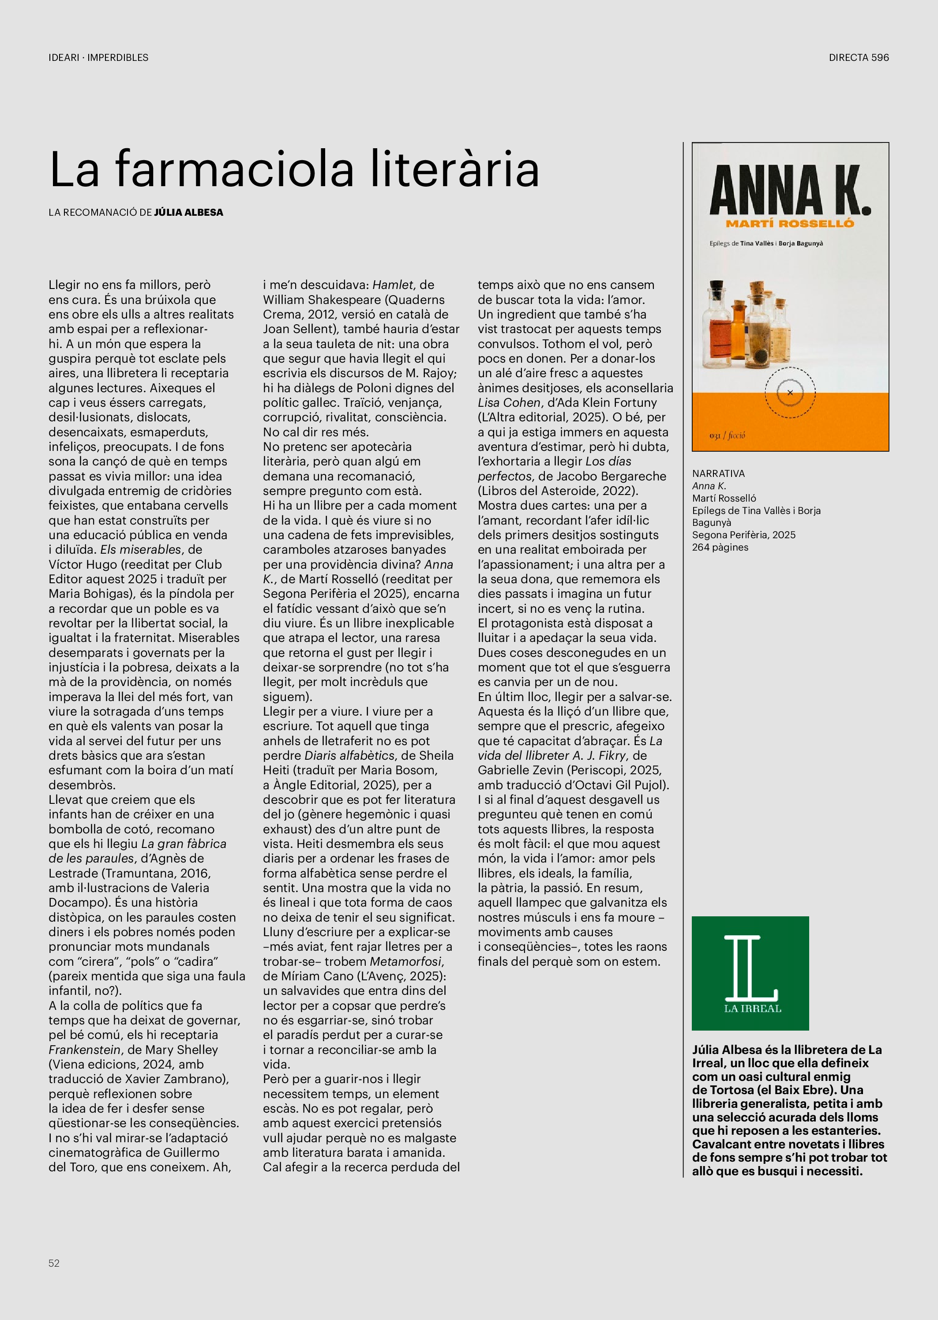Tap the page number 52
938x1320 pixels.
(54, 1263)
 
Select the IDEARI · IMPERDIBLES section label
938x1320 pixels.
(98, 57)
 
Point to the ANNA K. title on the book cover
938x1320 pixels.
(790, 190)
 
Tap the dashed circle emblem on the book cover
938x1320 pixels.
(790, 393)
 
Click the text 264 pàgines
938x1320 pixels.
(720, 547)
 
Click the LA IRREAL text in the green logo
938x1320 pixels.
(753, 1009)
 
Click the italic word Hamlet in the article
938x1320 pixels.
(393, 285)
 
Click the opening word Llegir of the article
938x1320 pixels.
(65, 285)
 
